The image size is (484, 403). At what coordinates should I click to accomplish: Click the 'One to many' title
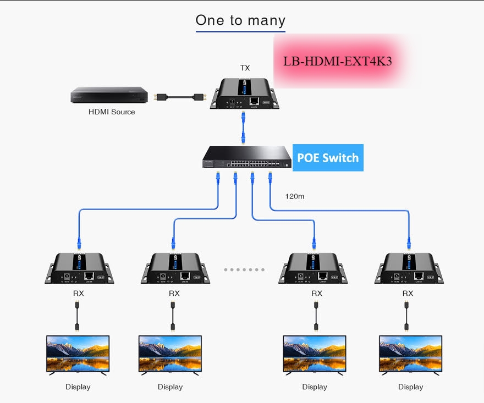tap(240, 20)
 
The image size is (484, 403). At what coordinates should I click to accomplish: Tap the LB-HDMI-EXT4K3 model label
tap(337, 61)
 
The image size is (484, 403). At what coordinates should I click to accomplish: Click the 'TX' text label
tap(245, 68)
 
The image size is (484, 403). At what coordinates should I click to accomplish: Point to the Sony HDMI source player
tap(109, 95)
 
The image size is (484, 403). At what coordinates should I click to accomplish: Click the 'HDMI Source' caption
tap(112, 112)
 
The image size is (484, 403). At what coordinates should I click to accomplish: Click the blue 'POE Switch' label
tap(328, 158)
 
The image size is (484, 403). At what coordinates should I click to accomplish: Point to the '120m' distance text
tap(294, 196)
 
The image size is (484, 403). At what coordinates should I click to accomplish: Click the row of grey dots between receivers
tap(244, 270)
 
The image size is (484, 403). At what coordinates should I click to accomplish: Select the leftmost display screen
tap(78, 355)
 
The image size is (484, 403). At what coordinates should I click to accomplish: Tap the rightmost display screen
tap(410, 355)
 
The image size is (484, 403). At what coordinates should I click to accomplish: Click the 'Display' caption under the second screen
tap(170, 387)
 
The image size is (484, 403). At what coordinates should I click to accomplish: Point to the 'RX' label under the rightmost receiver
tap(408, 293)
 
